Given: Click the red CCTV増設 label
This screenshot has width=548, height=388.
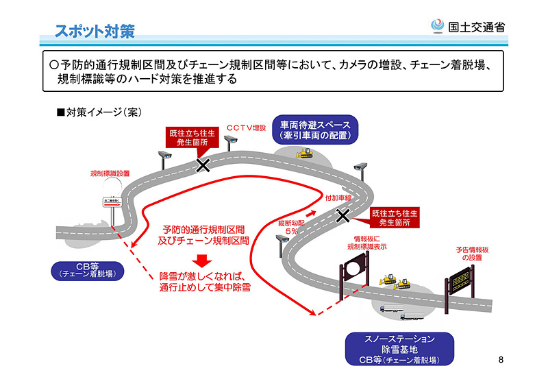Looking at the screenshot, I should tap(246, 128).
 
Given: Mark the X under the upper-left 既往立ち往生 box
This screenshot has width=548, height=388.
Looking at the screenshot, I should tap(203, 165).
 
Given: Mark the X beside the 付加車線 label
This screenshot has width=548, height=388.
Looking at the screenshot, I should tap(342, 216).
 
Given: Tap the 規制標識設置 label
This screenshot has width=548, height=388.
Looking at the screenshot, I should tap(110, 174).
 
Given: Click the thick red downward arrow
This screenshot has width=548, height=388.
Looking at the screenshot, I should tap(200, 260).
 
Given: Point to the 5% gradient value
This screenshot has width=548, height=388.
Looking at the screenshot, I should tap(291, 232).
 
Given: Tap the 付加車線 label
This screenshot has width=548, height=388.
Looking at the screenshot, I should tap(338, 197).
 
